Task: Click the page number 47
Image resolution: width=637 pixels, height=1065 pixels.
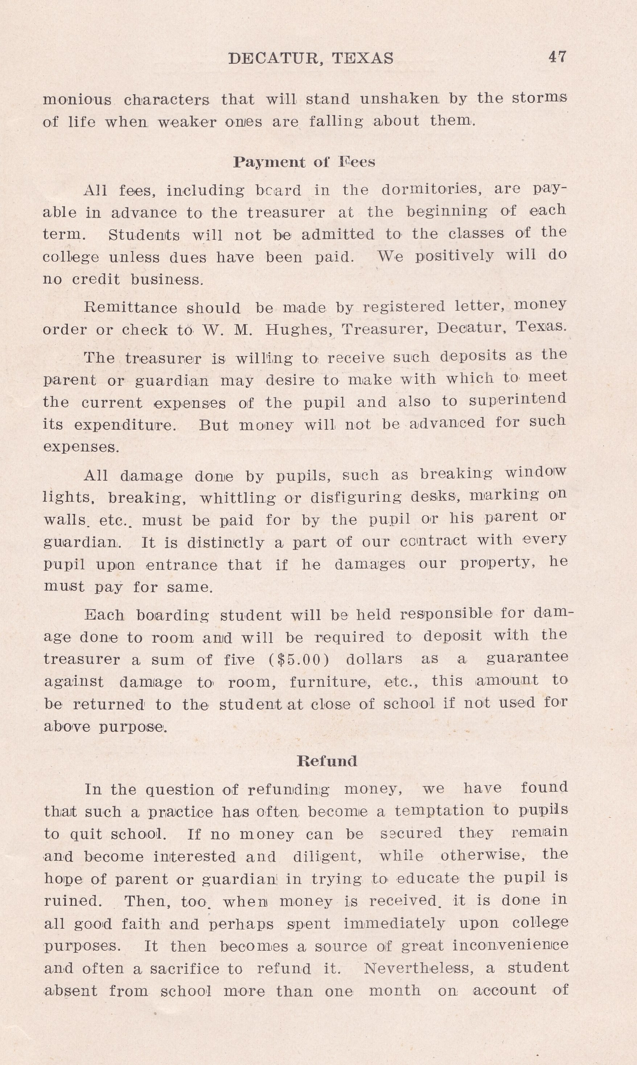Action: tap(557, 57)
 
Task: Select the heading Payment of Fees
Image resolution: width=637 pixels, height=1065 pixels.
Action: tap(304, 162)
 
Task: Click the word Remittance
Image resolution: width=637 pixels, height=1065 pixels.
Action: tap(131, 307)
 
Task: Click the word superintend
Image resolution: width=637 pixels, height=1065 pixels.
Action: tap(517, 400)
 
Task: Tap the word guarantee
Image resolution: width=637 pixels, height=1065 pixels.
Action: tap(527, 657)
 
